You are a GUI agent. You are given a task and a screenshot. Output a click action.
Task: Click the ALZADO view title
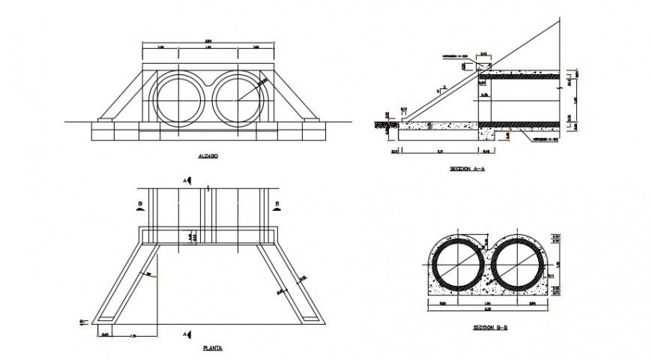[x=208, y=156]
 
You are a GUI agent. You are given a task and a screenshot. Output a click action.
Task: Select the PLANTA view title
[x=212, y=348]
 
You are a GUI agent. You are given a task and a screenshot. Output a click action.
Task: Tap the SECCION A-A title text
[x=468, y=169]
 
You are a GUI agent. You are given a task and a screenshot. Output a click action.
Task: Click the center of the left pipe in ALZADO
[x=178, y=99]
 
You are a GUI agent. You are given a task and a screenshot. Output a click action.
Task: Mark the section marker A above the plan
[x=185, y=181]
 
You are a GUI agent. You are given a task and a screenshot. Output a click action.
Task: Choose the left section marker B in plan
[x=141, y=205]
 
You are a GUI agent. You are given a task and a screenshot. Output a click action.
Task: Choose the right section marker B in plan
[x=277, y=205]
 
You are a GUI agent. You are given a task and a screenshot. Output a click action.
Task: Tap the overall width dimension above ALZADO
[x=208, y=40]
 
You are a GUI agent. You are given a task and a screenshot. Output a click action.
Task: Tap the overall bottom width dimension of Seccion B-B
[x=488, y=310]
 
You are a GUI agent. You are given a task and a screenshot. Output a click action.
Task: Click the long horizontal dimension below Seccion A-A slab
[x=441, y=151]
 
